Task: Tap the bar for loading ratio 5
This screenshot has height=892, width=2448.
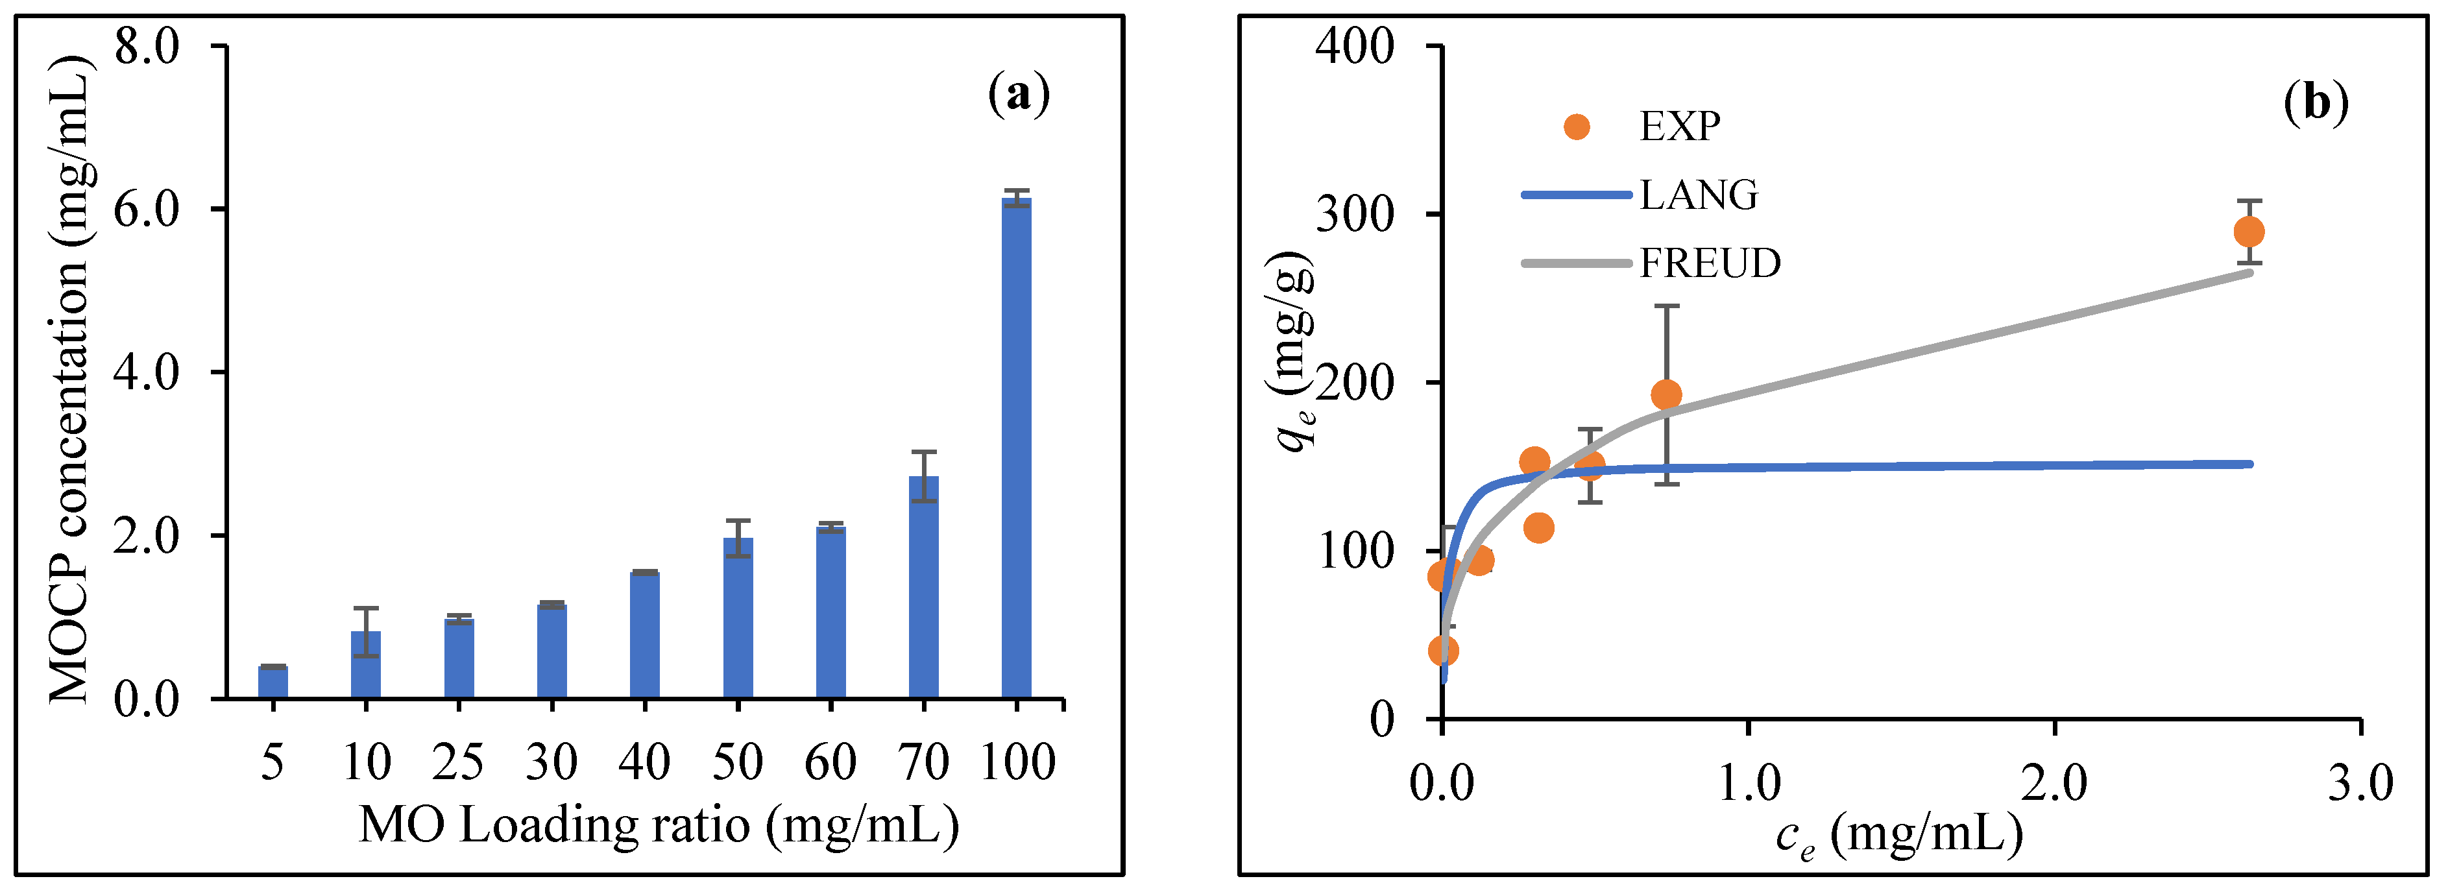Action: point(273,682)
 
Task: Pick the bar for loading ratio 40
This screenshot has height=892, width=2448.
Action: point(644,634)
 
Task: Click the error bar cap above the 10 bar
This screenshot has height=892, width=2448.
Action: point(366,608)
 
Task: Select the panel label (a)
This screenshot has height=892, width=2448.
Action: point(1019,94)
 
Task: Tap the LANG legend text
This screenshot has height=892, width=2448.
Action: point(1698,195)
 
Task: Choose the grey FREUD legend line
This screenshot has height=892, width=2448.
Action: point(1577,262)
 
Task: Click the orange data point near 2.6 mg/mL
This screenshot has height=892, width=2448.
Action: point(2248,232)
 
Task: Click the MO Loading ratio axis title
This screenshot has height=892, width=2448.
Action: point(659,825)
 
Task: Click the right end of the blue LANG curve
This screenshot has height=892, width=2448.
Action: point(2248,464)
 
